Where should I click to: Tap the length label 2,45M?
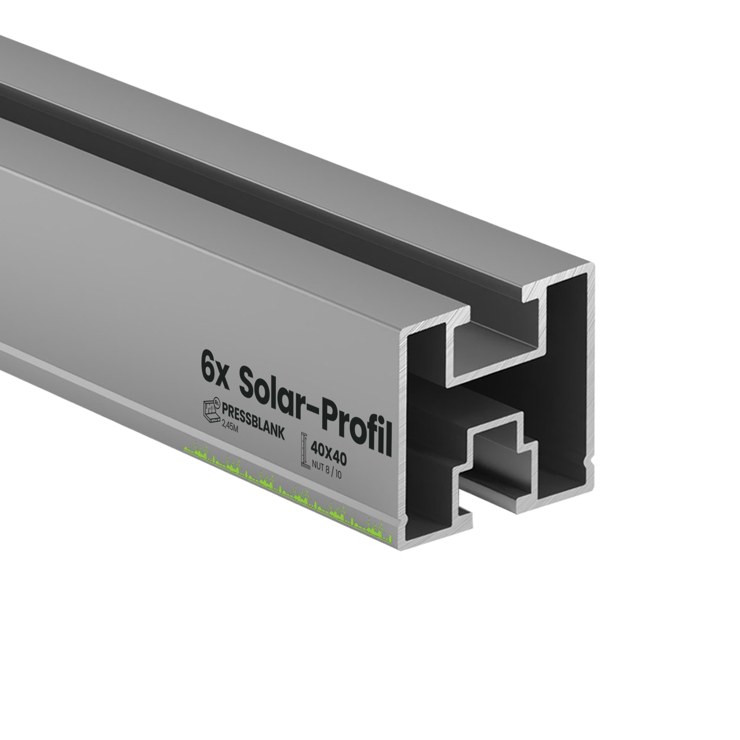click(x=230, y=426)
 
